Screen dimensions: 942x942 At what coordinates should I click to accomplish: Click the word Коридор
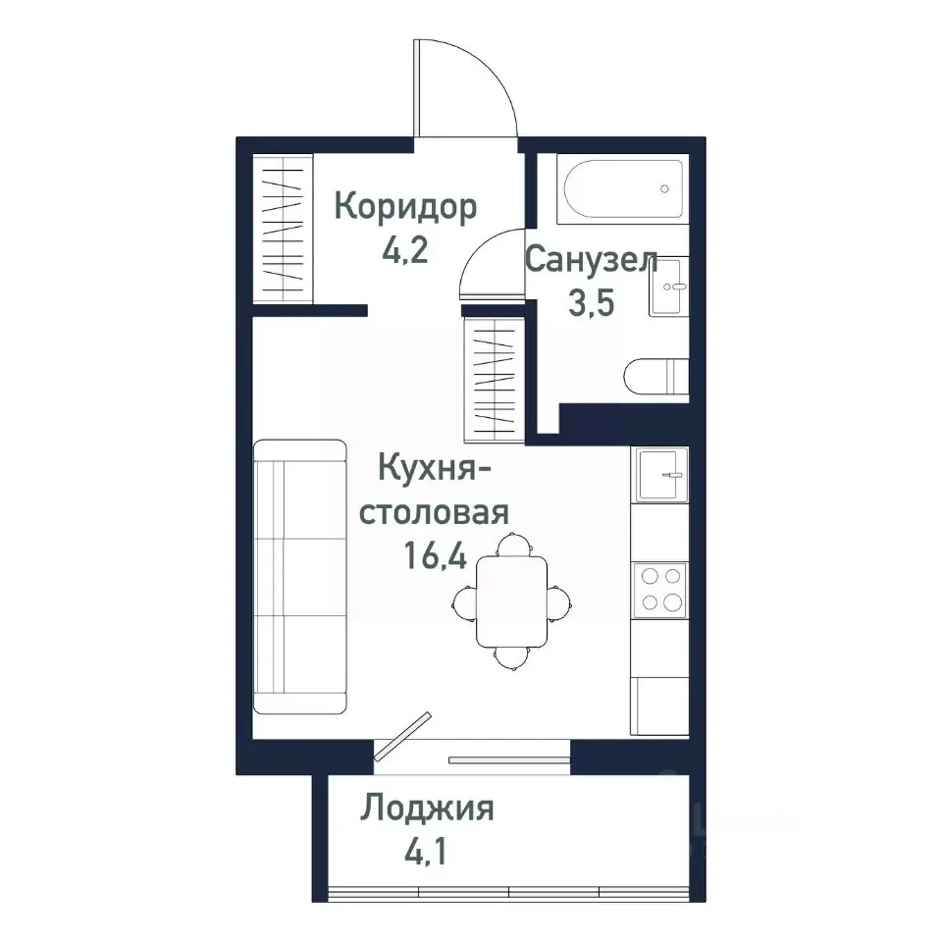pyautogui.click(x=406, y=207)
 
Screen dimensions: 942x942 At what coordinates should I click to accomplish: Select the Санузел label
pyautogui.click(x=591, y=260)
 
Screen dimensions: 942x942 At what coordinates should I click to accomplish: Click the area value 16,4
pyautogui.click(x=434, y=556)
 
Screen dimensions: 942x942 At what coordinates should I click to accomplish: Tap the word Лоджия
pyautogui.click(x=427, y=810)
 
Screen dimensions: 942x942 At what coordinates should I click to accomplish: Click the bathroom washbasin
pyautogui.click(x=669, y=287)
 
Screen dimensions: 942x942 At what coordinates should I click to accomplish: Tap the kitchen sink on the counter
pyautogui.click(x=660, y=475)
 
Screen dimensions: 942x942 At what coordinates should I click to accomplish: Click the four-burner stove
pyautogui.click(x=659, y=590)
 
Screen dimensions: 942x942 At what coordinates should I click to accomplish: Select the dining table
pyautogui.click(x=511, y=601)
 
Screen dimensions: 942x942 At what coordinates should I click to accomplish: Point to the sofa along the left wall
pyautogui.click(x=300, y=577)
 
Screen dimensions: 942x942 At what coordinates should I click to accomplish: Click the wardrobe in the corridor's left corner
pyautogui.click(x=283, y=229)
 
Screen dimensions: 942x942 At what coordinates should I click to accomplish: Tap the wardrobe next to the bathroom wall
pyautogui.click(x=494, y=372)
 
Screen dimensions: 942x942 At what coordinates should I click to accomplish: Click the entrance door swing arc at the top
pyautogui.click(x=471, y=88)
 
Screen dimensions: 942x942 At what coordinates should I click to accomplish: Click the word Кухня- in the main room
pyautogui.click(x=434, y=470)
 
